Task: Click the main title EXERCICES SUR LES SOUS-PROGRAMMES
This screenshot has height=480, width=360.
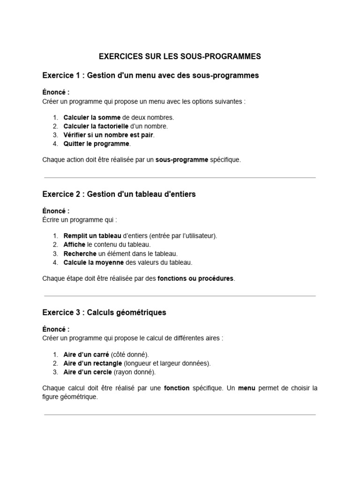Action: [x=180, y=57]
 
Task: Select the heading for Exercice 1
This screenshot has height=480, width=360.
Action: [x=150, y=75]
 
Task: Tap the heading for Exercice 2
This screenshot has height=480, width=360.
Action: [x=119, y=194]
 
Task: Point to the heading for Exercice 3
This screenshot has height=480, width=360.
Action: [x=104, y=312]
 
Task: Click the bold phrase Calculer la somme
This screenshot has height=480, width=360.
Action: [x=92, y=117]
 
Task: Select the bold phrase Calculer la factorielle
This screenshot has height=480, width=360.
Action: [x=96, y=126]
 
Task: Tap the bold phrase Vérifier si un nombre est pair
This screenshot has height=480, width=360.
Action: [x=108, y=135]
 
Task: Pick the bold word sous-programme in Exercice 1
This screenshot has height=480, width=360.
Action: [x=182, y=160]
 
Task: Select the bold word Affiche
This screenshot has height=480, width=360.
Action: [x=75, y=245]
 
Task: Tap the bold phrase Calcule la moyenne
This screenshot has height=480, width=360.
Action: [x=94, y=262]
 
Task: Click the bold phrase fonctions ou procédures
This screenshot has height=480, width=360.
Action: [x=195, y=278]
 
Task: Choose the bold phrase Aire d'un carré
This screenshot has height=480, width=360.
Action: [x=86, y=354]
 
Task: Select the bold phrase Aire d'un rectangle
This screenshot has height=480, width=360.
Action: [x=93, y=363]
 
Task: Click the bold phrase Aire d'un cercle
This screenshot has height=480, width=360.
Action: [x=88, y=372]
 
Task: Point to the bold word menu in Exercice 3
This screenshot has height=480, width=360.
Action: [x=247, y=388]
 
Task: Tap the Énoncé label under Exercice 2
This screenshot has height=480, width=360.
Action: [x=56, y=211]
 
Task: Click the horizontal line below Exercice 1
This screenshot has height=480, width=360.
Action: [x=180, y=178]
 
